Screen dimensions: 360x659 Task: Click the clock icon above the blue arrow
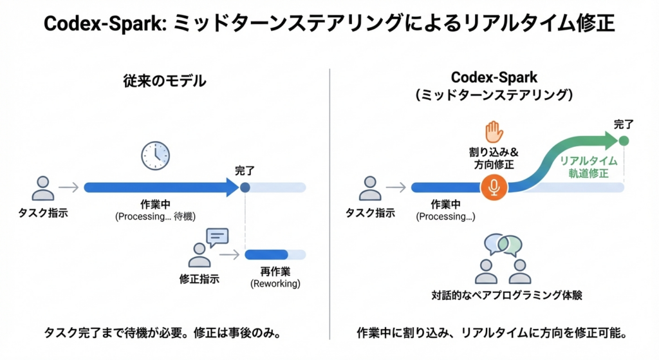tap(155, 155)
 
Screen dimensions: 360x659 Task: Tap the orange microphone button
tap(494, 187)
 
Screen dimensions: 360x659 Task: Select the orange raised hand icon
tap(494, 132)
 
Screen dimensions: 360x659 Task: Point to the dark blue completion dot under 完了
tap(245, 187)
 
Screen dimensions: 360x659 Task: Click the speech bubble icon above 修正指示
tap(217, 237)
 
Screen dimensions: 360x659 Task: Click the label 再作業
tap(275, 271)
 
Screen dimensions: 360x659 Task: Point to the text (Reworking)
tap(275, 283)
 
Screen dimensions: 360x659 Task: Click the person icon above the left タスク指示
tap(43, 187)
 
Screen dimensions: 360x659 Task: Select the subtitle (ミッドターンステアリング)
tap(494, 95)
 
